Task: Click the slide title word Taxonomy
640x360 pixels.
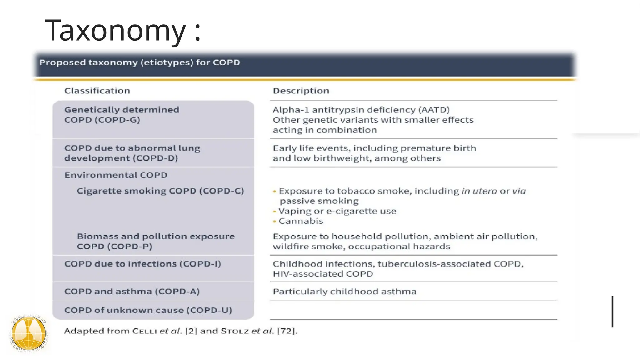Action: pos(116,30)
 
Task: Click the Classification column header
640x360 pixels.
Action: pos(97,91)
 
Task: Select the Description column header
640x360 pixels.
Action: pos(301,91)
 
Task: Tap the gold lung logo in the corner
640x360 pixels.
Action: pos(29,333)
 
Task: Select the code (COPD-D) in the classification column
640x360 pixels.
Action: pos(155,158)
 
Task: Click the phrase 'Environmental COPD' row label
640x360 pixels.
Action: pos(116,175)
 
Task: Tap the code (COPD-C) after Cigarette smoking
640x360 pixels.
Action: pos(222,191)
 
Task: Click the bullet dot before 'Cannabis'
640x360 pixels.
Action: pos(274,221)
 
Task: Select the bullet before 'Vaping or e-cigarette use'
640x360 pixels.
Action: pos(274,211)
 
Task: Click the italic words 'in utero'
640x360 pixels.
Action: pos(479,191)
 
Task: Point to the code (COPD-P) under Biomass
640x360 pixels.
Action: pos(130,247)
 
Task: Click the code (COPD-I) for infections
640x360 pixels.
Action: pos(200,264)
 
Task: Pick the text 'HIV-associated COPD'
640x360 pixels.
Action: pos(323,274)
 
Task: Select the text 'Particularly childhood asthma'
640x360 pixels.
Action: pos(344,292)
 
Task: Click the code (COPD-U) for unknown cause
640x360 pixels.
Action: pos(209,310)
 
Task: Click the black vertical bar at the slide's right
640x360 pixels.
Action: pos(612,312)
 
